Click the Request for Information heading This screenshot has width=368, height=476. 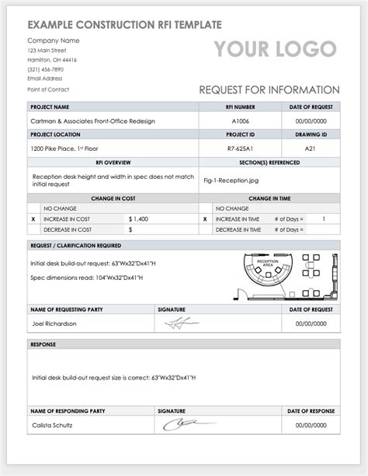[269, 89]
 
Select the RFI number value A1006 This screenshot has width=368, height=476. [241, 121]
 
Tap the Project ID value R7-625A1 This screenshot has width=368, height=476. [241, 148]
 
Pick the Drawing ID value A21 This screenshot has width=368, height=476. [310, 148]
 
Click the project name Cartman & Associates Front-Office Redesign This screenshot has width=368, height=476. [93, 121]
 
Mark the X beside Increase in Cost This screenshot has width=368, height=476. [33, 219]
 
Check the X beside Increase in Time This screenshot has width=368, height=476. [205, 219]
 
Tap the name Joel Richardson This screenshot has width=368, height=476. [54, 323]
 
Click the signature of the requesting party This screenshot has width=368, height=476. [186, 323]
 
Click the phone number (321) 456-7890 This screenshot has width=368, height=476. [46, 68]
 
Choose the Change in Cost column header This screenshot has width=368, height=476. [113, 198]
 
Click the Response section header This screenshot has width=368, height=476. [43, 344]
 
